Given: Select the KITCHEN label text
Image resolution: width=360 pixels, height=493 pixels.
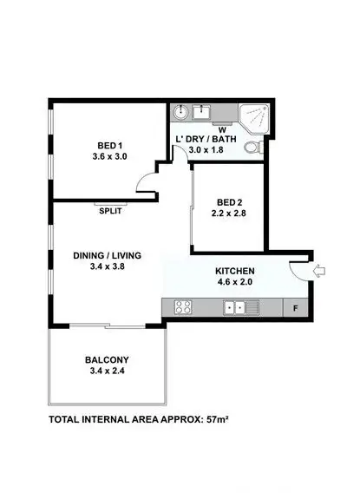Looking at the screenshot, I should (x=236, y=270).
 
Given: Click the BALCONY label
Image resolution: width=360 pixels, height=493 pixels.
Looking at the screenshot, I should (x=108, y=359).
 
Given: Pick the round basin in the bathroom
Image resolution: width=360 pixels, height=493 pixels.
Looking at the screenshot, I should (x=181, y=113).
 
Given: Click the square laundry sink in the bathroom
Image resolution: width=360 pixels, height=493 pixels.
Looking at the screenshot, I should (x=203, y=112).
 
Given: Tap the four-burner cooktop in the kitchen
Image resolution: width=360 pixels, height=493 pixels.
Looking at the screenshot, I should (x=184, y=306).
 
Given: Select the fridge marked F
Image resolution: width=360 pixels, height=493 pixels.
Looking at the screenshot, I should (x=296, y=307).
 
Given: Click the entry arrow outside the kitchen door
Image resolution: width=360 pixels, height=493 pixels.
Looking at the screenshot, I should (x=318, y=272).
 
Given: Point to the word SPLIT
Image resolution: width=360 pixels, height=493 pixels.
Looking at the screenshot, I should (x=110, y=211).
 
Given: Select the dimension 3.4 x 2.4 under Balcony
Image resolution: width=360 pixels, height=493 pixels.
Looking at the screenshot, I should (x=108, y=371).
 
